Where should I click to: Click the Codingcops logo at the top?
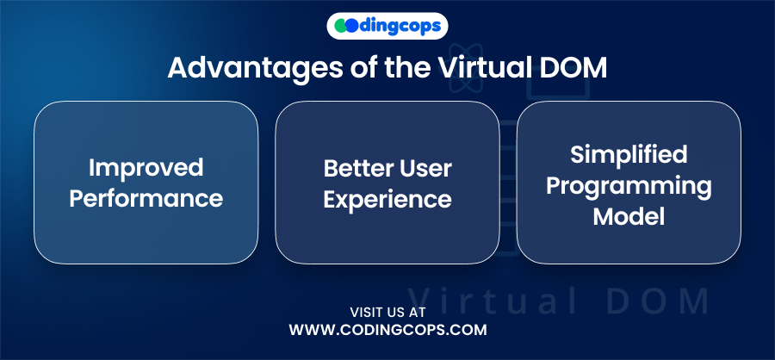point(387,26)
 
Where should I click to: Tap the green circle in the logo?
point(340,26)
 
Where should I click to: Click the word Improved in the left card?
point(146,168)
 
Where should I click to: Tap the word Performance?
point(146,198)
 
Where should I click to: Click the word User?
point(423,169)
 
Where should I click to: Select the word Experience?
point(387,200)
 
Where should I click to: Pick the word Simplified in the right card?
point(629,155)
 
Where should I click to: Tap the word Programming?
point(629,187)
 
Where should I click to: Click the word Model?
point(629,216)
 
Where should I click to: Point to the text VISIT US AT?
point(388,313)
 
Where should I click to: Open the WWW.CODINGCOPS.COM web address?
point(388,330)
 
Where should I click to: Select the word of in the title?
point(361,68)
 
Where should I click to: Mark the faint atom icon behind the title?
point(465,68)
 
